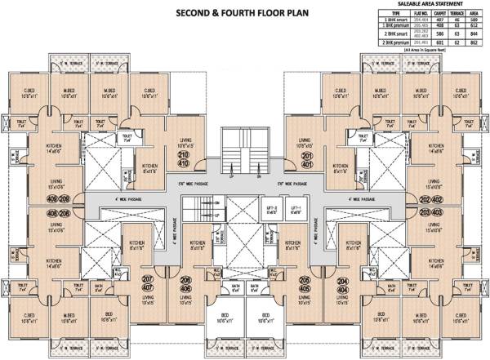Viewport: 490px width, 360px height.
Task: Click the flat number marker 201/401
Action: [306, 157]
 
